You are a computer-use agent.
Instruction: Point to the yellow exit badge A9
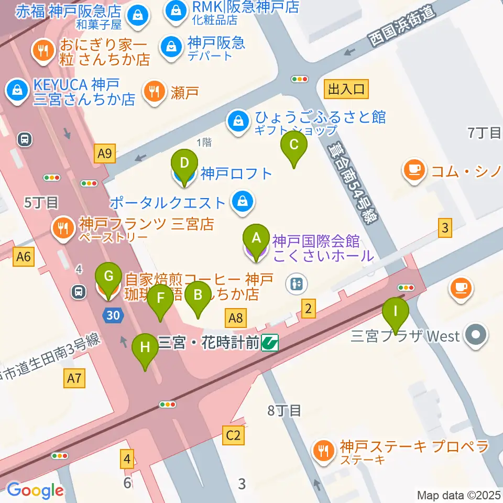click(x=105, y=154)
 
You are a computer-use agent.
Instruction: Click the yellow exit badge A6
click(x=24, y=256)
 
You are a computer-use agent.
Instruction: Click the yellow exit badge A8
click(x=236, y=317)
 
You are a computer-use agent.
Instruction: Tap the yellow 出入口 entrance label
click(x=346, y=90)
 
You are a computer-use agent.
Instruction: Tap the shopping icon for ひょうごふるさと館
click(x=238, y=122)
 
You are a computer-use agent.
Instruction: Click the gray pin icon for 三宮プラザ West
click(x=476, y=335)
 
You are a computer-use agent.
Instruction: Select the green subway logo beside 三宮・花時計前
click(x=270, y=343)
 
